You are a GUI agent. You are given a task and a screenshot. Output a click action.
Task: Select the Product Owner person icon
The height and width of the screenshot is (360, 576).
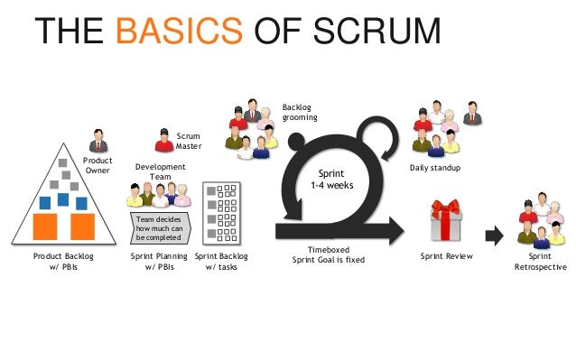pyautogui.click(x=98, y=140)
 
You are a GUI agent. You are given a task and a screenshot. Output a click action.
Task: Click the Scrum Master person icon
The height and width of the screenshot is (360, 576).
pyautogui.click(x=163, y=140)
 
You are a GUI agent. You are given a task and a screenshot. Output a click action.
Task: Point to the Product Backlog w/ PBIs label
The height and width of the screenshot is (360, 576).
pyautogui.click(x=63, y=262)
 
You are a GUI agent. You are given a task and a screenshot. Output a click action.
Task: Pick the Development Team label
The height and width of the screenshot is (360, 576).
pyautogui.click(x=159, y=171)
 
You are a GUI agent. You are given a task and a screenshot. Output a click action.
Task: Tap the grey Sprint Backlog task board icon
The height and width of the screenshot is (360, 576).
pyautogui.click(x=221, y=211)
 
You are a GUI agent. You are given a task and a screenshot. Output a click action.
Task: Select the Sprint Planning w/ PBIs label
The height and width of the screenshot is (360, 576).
pyautogui.click(x=160, y=262)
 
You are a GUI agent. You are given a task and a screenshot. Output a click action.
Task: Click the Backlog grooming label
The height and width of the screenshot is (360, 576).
pyautogui.click(x=300, y=112)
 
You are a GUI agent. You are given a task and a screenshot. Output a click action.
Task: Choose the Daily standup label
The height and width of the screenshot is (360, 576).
pyautogui.click(x=435, y=169)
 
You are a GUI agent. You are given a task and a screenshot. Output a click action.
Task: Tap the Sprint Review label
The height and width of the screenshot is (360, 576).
pyautogui.click(x=447, y=256)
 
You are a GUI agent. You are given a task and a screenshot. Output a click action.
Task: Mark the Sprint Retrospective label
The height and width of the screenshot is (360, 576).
pyautogui.click(x=541, y=262)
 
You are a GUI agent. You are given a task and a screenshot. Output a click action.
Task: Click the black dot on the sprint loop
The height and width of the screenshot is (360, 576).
pyautogui.click(x=296, y=140)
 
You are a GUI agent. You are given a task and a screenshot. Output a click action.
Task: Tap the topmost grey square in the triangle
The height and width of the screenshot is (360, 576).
pyautogui.click(x=63, y=163)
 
